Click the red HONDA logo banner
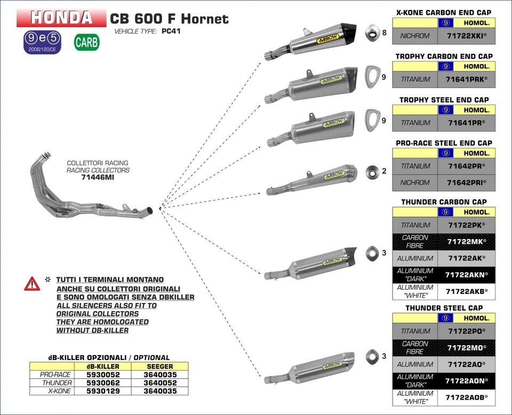tap(61, 18)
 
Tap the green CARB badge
tap(86, 42)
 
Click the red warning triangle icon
tap(32, 283)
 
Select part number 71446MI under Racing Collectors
tap(98, 178)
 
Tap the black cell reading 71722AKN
tap(466, 275)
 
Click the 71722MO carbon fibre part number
tap(466, 348)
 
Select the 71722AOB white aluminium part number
tap(466, 397)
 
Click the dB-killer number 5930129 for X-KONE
tap(103, 391)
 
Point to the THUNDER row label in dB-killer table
tap(57, 383)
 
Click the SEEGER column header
tap(159, 366)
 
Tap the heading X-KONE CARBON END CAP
tap(444, 12)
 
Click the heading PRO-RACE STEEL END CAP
tap(444, 143)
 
